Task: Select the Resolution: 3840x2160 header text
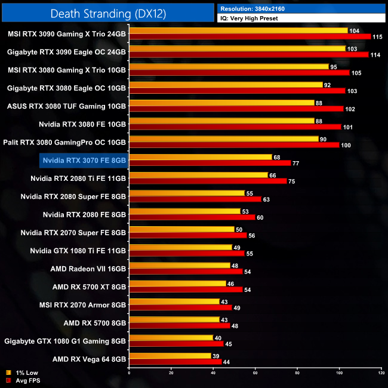point(260,8)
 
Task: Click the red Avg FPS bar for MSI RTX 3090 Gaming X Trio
point(250,37)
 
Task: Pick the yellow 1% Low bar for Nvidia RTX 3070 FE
point(200,157)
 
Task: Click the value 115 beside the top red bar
point(378,37)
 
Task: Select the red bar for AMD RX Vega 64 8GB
point(175,362)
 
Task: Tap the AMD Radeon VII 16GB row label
point(88,269)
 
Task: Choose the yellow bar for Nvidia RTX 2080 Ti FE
point(198,175)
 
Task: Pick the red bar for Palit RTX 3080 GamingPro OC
point(234,145)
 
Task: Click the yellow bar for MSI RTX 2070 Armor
point(174,301)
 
